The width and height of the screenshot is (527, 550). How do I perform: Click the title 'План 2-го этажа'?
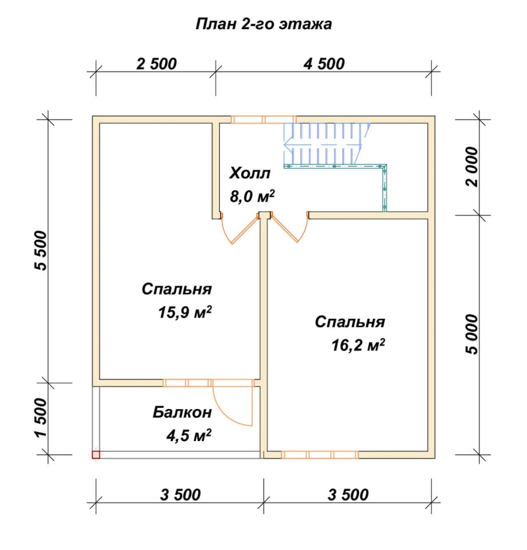pyautogui.click(x=263, y=24)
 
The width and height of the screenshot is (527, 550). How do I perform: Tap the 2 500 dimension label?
pyautogui.click(x=156, y=64)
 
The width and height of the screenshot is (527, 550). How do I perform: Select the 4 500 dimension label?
pyautogui.click(x=324, y=64)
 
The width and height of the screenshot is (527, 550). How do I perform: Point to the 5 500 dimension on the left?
pyautogui.click(x=41, y=250)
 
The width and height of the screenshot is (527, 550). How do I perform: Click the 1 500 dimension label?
pyautogui.click(x=41, y=418)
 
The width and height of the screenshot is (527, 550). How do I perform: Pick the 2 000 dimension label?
pyautogui.click(x=473, y=167)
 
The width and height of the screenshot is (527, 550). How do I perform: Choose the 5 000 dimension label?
pyautogui.click(x=473, y=334)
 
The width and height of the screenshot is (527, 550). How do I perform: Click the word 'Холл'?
pyautogui.click(x=249, y=173)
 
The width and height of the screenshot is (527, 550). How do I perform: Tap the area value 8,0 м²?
pyautogui.click(x=252, y=196)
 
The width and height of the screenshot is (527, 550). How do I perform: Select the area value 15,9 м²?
pyautogui.click(x=185, y=312)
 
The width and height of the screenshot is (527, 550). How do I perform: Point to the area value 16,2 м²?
pyautogui.click(x=358, y=345)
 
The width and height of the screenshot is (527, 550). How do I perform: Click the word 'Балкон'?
pyautogui.click(x=182, y=412)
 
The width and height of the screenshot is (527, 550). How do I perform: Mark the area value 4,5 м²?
pyautogui.click(x=189, y=435)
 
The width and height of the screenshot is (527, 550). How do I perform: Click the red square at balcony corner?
pyautogui.click(x=96, y=455)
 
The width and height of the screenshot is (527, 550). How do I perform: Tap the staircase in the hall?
pyautogui.click(x=327, y=144)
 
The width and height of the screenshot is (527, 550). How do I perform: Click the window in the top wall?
pyautogui.click(x=263, y=119)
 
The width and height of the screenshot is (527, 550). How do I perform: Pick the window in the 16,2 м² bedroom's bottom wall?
pyautogui.click(x=320, y=455)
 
